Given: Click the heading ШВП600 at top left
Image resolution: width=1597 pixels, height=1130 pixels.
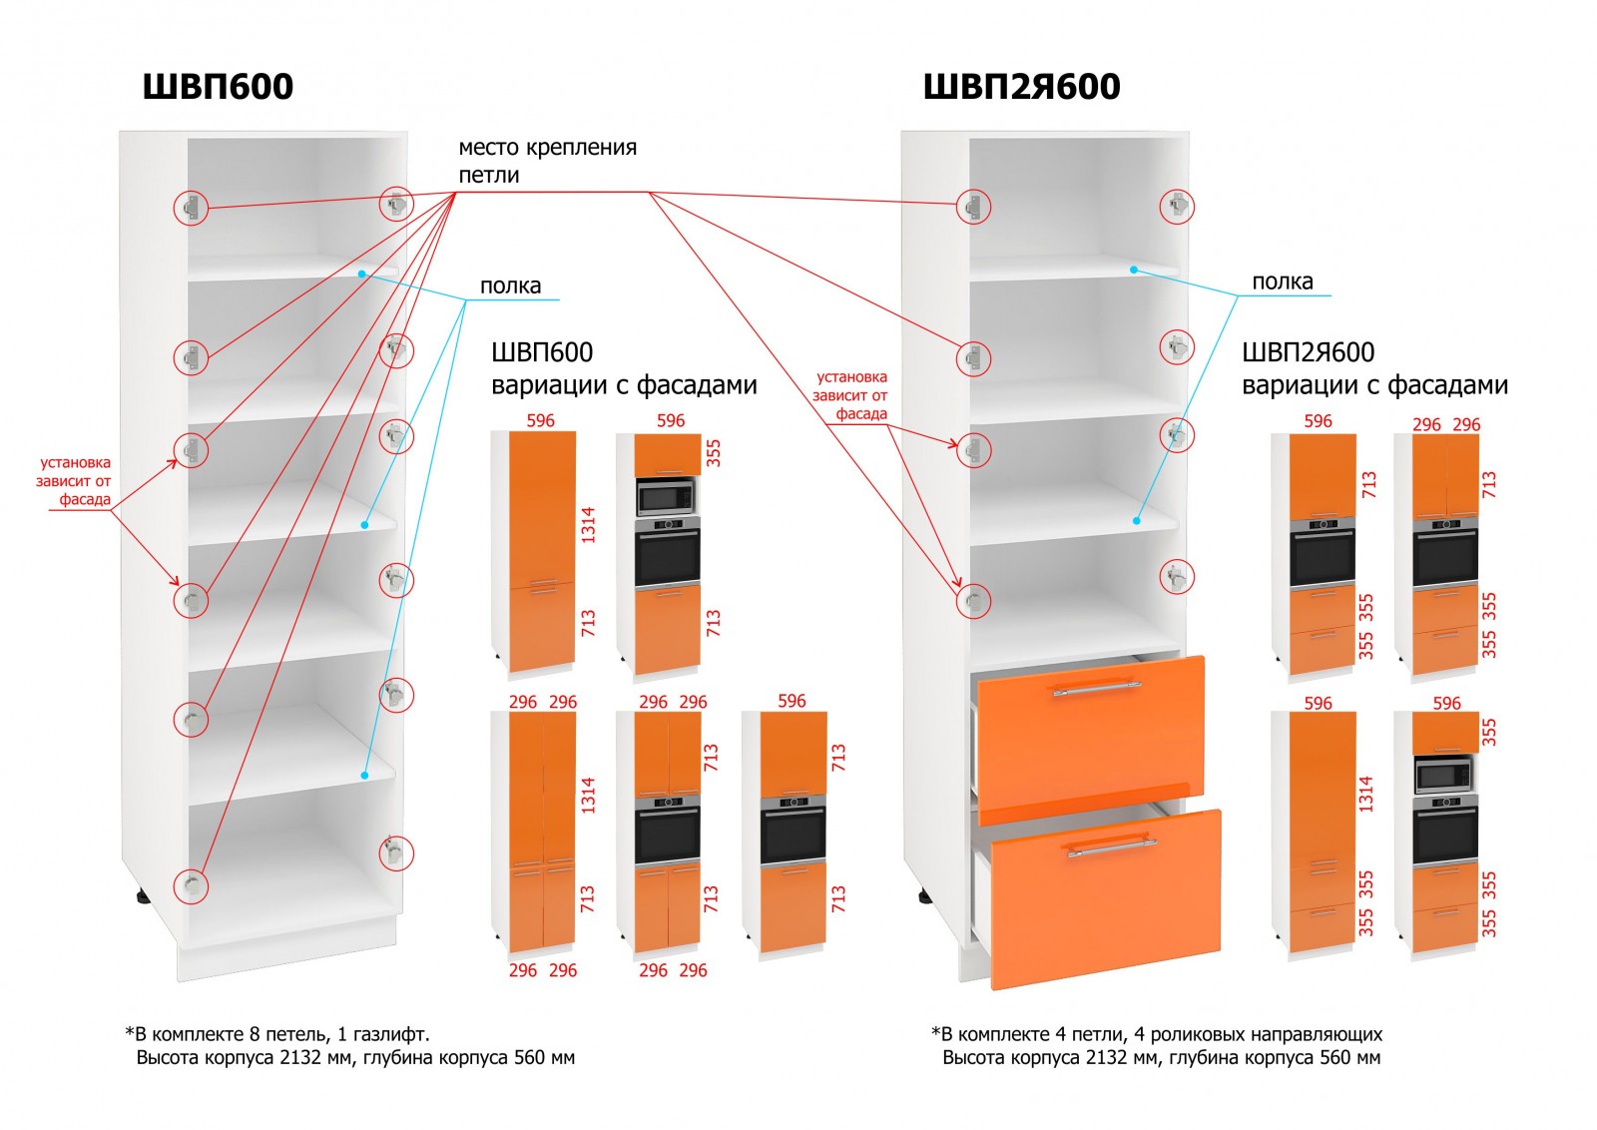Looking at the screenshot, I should (218, 86).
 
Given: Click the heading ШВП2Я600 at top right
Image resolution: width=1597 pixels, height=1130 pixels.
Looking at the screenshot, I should (1021, 86).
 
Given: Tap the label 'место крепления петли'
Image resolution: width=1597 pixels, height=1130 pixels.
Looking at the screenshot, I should (547, 161).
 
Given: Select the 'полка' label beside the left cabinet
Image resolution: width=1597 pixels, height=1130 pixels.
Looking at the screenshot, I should (510, 285).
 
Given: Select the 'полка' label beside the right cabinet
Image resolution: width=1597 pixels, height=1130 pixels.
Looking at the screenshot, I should (1283, 282).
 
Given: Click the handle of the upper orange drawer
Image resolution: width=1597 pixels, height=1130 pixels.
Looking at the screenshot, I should (1095, 688).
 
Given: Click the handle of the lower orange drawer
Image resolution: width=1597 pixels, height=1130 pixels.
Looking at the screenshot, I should (1112, 847).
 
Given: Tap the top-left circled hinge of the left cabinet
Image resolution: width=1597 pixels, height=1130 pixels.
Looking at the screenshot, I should (190, 208).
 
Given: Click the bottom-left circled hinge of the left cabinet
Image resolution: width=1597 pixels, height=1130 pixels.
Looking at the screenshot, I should (191, 885).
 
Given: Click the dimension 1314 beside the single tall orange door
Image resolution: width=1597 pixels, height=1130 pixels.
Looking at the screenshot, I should (588, 524).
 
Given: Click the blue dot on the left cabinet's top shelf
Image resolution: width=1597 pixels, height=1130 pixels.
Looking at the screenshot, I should (362, 272).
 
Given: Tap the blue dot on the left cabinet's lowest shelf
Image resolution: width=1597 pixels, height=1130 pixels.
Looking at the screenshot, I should (364, 774).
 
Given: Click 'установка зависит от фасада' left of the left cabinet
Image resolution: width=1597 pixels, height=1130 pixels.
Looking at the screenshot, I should (75, 481).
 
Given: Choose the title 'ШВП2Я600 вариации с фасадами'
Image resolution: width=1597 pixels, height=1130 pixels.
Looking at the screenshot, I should (1373, 368).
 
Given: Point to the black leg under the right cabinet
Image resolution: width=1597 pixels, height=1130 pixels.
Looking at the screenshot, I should (925, 896).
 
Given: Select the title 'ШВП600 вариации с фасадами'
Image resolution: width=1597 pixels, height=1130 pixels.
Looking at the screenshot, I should (623, 368).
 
